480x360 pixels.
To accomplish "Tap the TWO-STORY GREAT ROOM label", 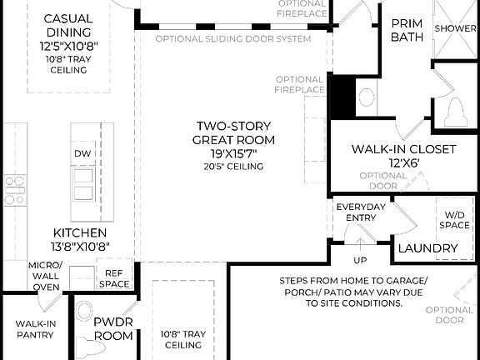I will pos(233,132).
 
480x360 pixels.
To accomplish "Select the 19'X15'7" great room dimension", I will pos(233,153).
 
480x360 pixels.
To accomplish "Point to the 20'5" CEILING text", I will pos(233,167).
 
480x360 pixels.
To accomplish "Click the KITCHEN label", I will pos(79,232).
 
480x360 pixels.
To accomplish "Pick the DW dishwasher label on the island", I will pos(82,154).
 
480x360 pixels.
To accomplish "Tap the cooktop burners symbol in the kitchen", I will pos(13,189).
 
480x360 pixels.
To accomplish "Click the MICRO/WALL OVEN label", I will pos(45,276).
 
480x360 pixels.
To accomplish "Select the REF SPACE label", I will pos(114,278).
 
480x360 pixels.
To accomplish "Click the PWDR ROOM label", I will pos(112,328).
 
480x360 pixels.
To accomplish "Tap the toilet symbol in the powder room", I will pos(85,315).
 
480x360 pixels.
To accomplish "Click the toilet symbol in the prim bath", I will pos(456,110).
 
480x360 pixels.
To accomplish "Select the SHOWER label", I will pos(456,27).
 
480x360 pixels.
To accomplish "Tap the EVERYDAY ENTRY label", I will pos(359,212).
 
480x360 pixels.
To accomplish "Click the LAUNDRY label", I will pos(427,248).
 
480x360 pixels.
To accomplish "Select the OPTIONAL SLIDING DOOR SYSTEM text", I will pos(233,39).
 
